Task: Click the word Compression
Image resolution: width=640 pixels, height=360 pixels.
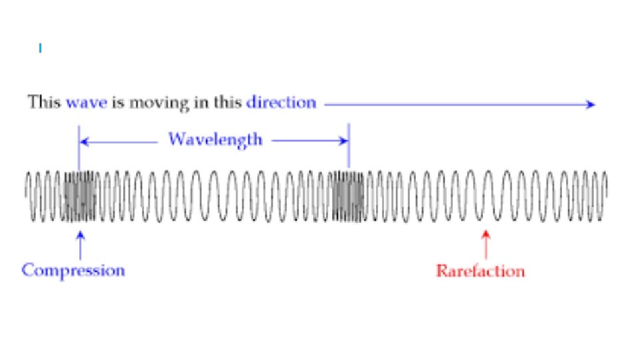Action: click(73, 270)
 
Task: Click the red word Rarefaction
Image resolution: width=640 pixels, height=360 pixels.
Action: click(480, 271)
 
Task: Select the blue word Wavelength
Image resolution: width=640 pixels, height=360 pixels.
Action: click(215, 139)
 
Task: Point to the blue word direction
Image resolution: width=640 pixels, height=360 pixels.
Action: click(281, 103)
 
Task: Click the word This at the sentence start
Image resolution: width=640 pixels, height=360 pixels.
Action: click(45, 103)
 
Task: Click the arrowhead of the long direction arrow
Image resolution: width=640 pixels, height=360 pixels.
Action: click(590, 103)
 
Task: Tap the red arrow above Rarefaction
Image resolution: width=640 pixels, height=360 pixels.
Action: click(486, 243)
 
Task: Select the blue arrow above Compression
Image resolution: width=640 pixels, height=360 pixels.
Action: click(81, 243)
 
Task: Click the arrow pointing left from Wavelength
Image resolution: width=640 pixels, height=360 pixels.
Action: click(120, 141)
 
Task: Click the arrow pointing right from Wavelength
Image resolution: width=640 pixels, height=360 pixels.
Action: click(310, 141)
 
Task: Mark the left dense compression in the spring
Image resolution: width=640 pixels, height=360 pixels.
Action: click(80, 196)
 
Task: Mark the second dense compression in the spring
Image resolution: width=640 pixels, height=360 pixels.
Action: click(348, 196)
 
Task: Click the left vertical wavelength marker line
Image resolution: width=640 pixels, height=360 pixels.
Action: click(79, 150)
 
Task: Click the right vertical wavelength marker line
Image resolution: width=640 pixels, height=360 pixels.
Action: click(349, 150)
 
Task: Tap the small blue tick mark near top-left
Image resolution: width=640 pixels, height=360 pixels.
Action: click(41, 48)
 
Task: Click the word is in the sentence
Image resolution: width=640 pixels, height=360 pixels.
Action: click(121, 103)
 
